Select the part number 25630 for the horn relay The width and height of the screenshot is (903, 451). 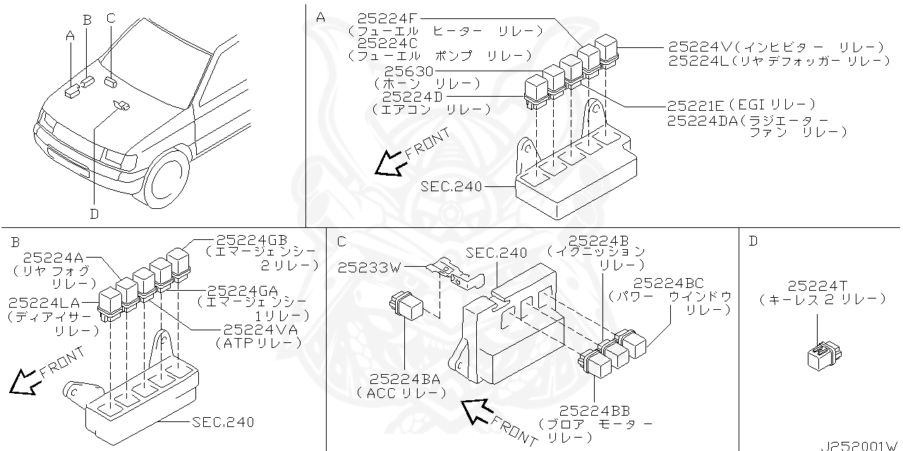coord(408,71)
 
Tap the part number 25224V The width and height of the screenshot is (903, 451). coord(700,47)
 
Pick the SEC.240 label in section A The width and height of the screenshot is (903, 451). coord(451,186)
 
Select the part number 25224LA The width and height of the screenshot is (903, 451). coord(44,303)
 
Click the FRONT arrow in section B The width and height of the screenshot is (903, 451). coord(25,382)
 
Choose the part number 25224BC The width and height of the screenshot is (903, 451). coord(673,283)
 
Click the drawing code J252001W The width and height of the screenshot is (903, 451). coord(859,445)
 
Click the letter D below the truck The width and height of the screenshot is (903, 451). coord(94,213)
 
